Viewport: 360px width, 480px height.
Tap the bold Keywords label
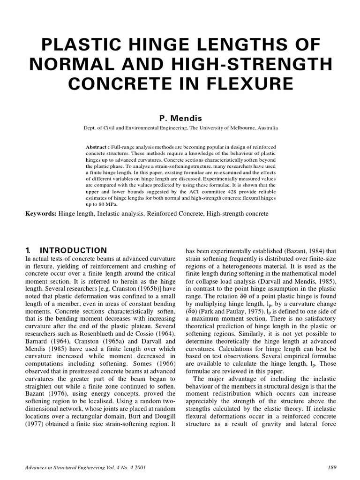coord(41,214)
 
